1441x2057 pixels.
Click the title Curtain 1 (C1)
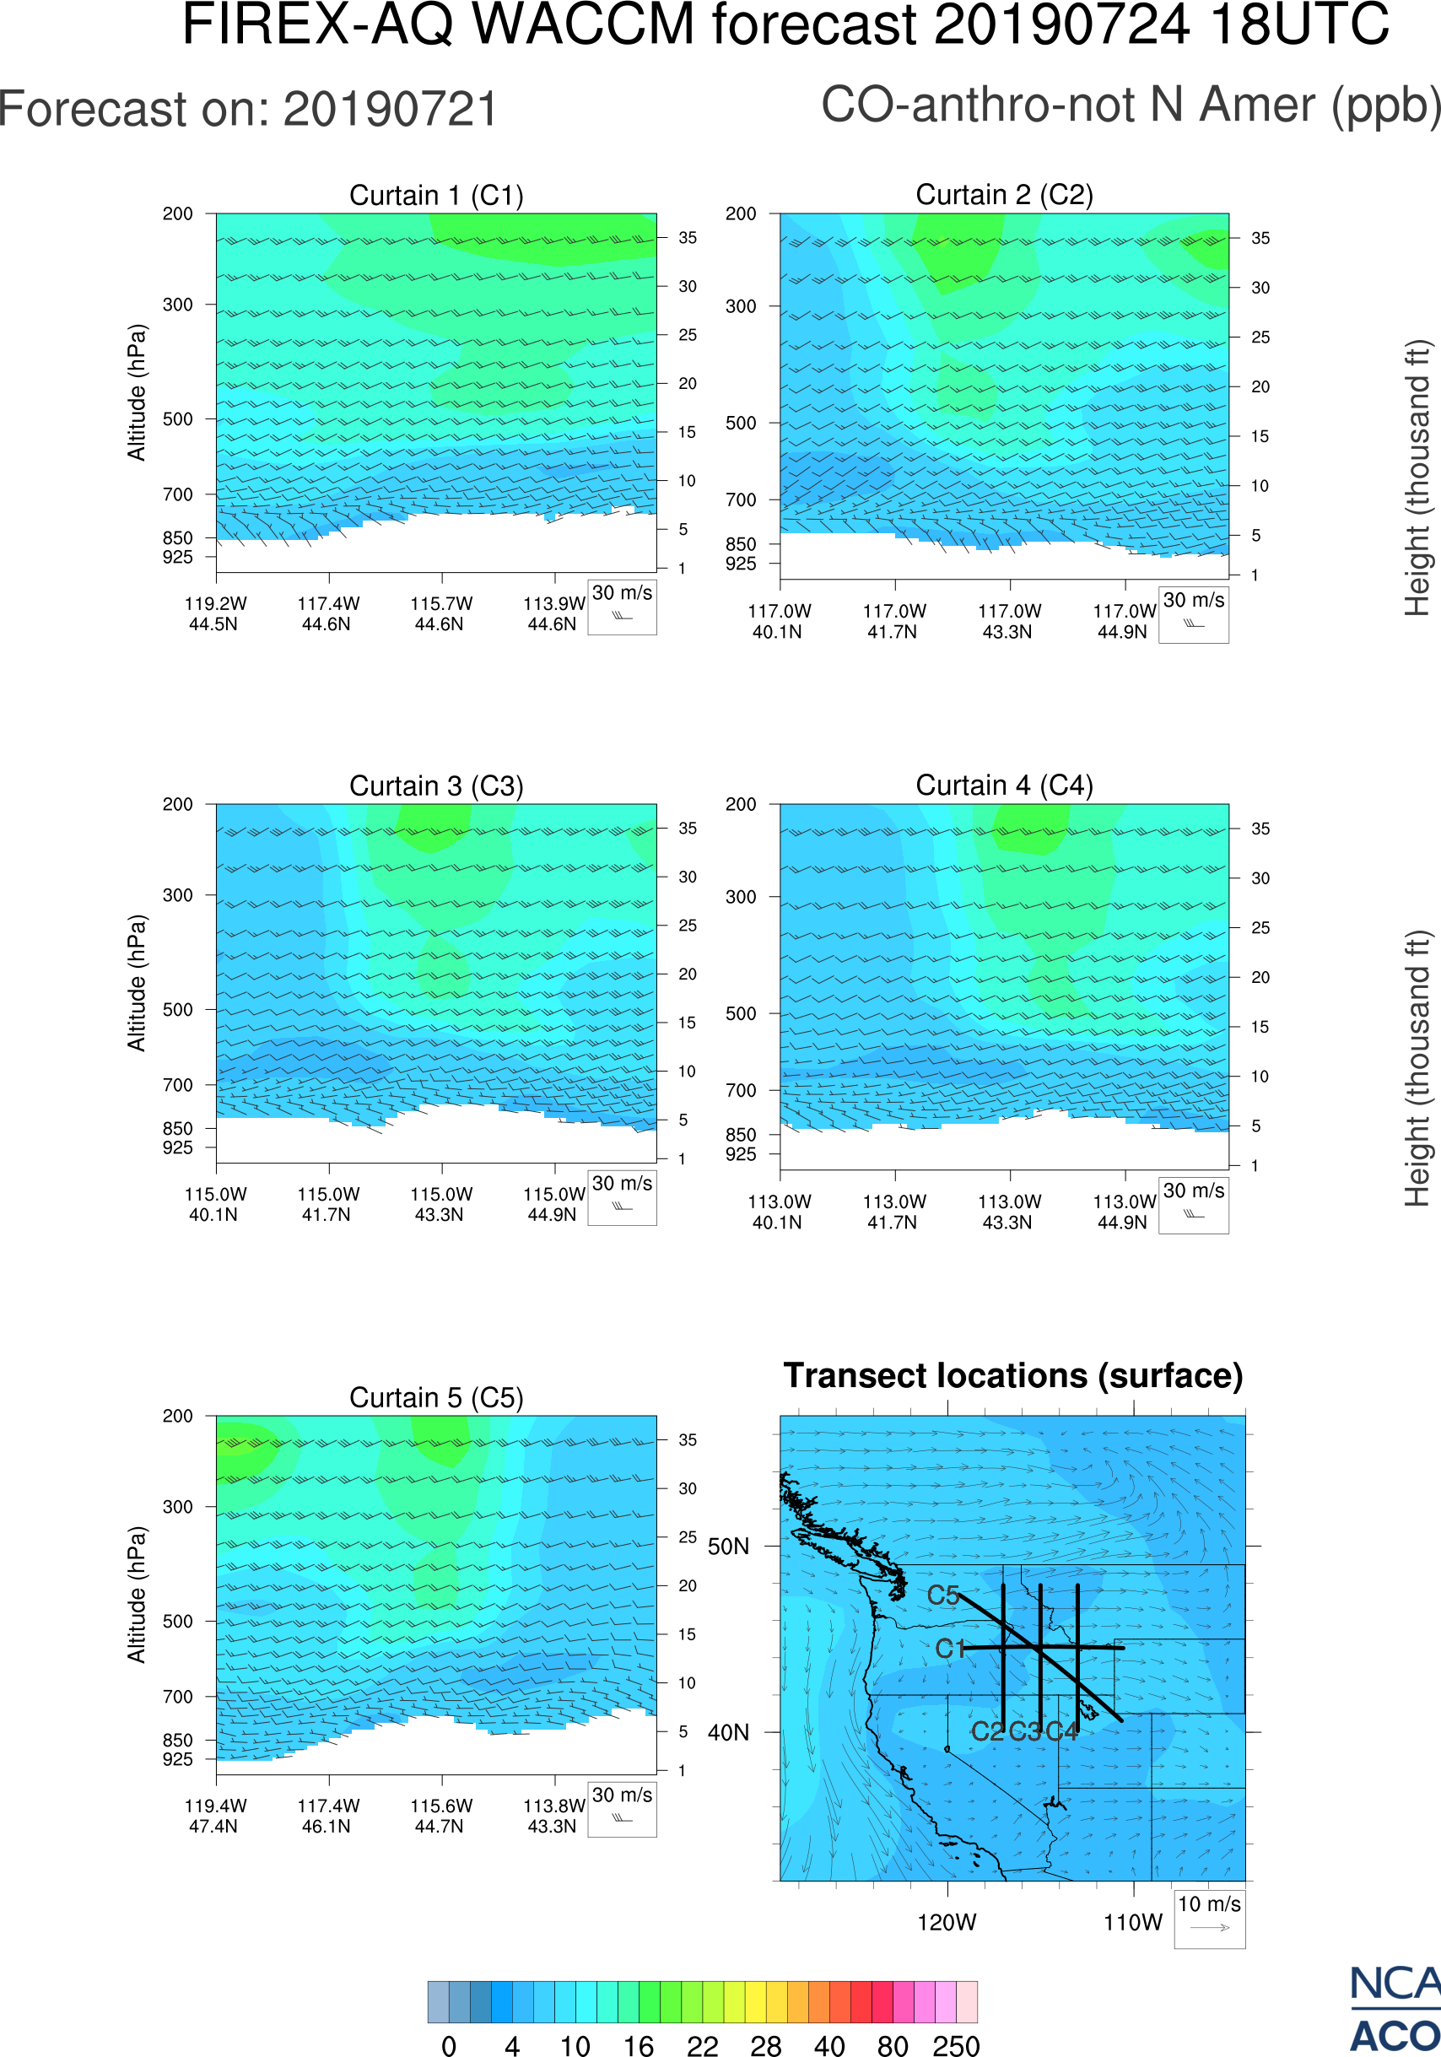point(436,194)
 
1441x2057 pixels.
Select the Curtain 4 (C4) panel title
point(1004,785)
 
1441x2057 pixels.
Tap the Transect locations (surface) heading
point(1013,1375)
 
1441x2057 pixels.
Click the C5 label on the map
point(943,1595)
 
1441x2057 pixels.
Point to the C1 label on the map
point(949,1649)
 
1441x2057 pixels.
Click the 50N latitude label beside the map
point(728,1547)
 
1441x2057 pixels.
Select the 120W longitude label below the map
point(947,1922)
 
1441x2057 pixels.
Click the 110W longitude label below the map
point(1132,1922)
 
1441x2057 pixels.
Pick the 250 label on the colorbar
point(956,2044)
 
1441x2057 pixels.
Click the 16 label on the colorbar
point(638,2044)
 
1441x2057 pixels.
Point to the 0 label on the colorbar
point(449,2044)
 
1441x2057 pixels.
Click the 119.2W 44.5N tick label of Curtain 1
point(215,613)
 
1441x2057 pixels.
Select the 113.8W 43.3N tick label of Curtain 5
point(553,1816)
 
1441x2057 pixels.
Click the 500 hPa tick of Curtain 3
point(177,1010)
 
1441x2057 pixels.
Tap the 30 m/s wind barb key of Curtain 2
point(1193,614)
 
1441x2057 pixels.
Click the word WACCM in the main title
point(583,24)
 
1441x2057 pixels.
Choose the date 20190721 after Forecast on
point(391,110)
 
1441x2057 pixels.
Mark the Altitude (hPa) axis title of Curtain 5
point(136,1594)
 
